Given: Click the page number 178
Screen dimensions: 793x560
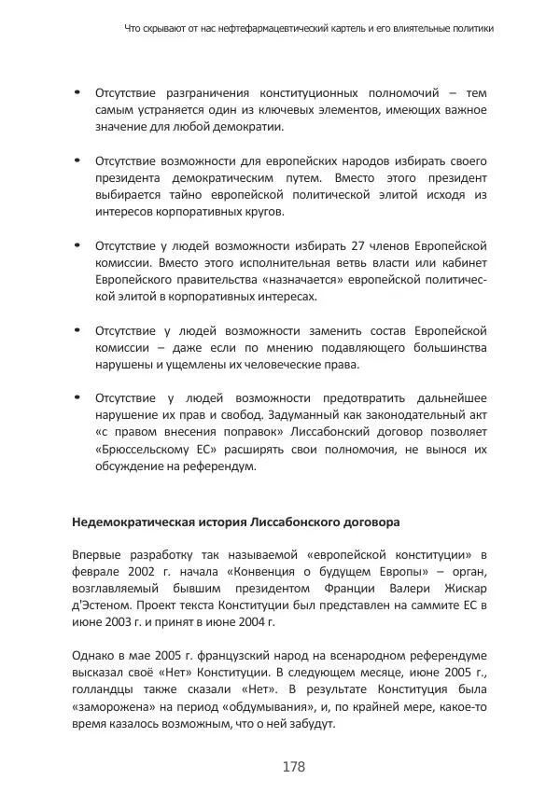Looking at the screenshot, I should (x=293, y=766).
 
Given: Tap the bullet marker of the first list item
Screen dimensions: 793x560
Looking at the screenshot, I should (x=77, y=93).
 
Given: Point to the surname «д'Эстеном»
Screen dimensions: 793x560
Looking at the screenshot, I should (x=102, y=605).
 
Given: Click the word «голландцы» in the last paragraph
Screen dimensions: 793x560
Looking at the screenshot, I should (x=105, y=689).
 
